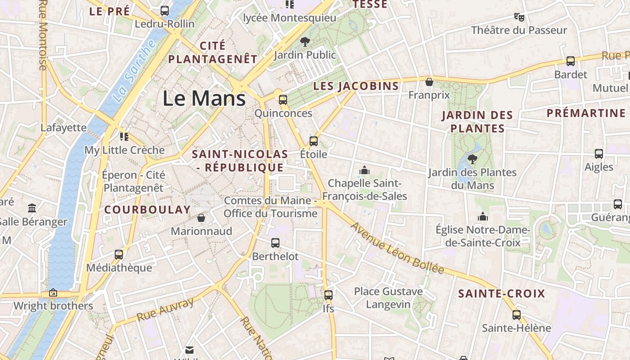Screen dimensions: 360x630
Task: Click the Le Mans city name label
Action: [x=204, y=98]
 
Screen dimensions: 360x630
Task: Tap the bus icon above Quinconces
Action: [x=283, y=100]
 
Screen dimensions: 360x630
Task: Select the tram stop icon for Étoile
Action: [x=314, y=141]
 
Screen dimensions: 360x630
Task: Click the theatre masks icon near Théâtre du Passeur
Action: [x=519, y=17]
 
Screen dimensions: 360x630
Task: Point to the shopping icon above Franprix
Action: [x=429, y=82]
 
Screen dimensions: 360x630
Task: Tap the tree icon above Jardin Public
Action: [x=305, y=42]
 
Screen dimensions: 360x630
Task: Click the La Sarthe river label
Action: [x=133, y=71]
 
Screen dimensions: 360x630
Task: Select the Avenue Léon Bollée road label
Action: [x=397, y=248]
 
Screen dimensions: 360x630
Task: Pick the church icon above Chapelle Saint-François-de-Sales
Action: [x=364, y=170]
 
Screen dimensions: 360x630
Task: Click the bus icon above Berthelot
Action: [x=275, y=243]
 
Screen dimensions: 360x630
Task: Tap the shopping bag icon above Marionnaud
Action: [x=201, y=218]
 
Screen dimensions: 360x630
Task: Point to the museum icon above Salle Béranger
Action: [x=32, y=208]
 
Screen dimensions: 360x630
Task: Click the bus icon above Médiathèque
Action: [x=119, y=255]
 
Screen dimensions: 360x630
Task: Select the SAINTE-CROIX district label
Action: [x=501, y=294]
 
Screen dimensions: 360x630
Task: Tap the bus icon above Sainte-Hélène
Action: [x=516, y=315]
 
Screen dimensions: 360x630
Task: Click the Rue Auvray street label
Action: [x=165, y=309]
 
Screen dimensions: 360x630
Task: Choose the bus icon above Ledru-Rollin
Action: [x=165, y=10]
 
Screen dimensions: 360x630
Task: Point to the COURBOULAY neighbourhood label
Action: [x=148, y=209]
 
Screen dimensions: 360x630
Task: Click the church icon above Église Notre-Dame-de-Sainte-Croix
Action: [x=483, y=217]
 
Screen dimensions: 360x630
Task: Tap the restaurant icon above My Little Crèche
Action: [x=124, y=136]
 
